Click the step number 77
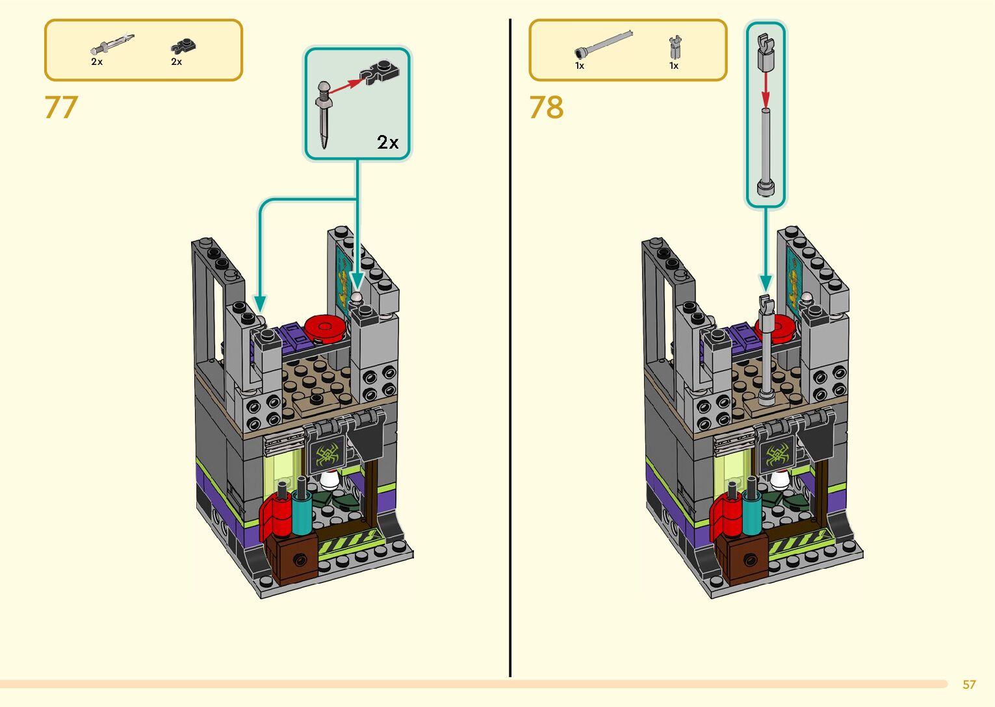coord(61,108)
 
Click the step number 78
coord(546,108)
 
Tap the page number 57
coord(969,684)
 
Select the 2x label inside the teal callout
coord(388,142)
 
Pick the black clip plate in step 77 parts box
coord(183,45)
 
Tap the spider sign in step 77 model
coord(325,454)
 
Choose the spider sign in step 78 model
coord(777,456)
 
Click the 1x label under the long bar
coord(580,66)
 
